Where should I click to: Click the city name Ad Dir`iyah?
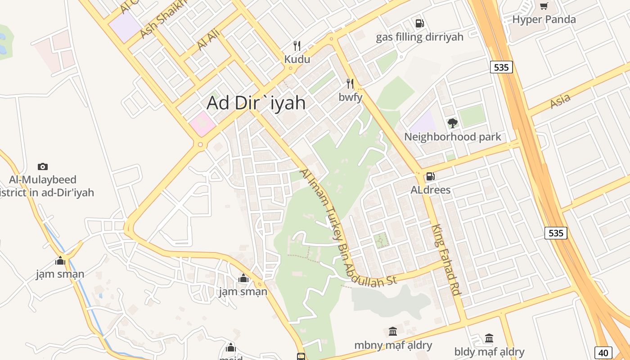[x=256, y=103]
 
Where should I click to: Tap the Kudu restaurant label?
[x=297, y=59]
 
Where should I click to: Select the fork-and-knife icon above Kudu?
[x=297, y=46]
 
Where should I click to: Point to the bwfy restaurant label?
[x=351, y=97]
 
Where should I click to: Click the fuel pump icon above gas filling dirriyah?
[x=419, y=23]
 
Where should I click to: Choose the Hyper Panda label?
[x=544, y=19]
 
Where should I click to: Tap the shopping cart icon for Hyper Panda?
[x=544, y=6]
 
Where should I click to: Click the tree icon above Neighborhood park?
[x=452, y=123]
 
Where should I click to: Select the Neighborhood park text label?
[x=452, y=137]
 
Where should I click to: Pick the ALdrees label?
[x=431, y=190]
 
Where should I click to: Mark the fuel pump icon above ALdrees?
[x=430, y=176]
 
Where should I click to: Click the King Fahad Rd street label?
[x=446, y=260]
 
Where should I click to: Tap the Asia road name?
[x=560, y=101]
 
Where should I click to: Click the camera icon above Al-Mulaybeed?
[x=43, y=166]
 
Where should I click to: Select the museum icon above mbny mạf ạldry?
[x=393, y=332]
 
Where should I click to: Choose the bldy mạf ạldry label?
[x=489, y=351]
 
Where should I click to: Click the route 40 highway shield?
[x=603, y=353]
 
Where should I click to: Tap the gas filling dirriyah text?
[x=419, y=37]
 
